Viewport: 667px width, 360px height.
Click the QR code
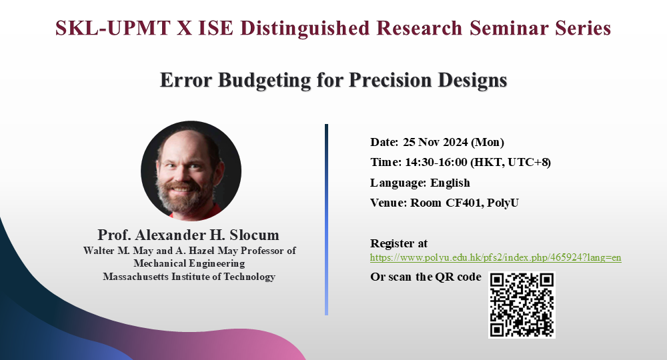(x=522, y=305)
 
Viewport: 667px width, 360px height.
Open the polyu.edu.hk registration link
(x=496, y=257)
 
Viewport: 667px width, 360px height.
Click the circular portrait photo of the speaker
(x=191, y=171)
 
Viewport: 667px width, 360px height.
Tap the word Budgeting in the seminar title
(x=265, y=80)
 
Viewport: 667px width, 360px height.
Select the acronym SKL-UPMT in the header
(x=113, y=28)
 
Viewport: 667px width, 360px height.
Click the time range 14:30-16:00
(x=436, y=163)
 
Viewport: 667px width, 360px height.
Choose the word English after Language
(x=450, y=183)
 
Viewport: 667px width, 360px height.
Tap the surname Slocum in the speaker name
(x=254, y=235)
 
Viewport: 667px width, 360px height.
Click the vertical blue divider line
(x=326, y=219)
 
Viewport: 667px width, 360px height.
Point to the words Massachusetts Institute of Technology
(x=189, y=277)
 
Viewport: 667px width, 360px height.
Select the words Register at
(x=399, y=243)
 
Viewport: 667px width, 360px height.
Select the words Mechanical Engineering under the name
(x=189, y=263)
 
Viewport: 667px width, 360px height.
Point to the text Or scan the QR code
(x=426, y=277)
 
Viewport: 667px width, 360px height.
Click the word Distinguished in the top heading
(x=305, y=29)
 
